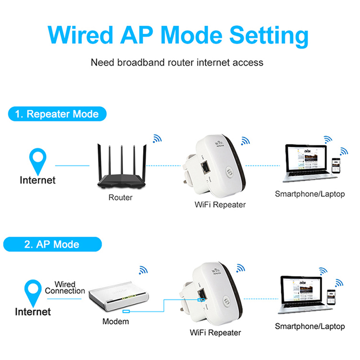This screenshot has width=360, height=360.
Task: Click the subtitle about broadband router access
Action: click(177, 63)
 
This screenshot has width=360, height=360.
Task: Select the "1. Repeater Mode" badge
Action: click(57, 114)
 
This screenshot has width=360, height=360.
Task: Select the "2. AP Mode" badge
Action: click(52, 244)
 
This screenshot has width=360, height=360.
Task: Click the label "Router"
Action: click(121, 198)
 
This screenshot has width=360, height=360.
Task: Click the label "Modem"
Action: click(116, 322)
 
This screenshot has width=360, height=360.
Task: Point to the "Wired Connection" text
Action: click(65, 288)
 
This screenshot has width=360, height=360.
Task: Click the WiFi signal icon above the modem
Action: click(144, 270)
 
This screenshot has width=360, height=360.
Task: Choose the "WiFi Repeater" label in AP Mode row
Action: click(215, 333)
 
